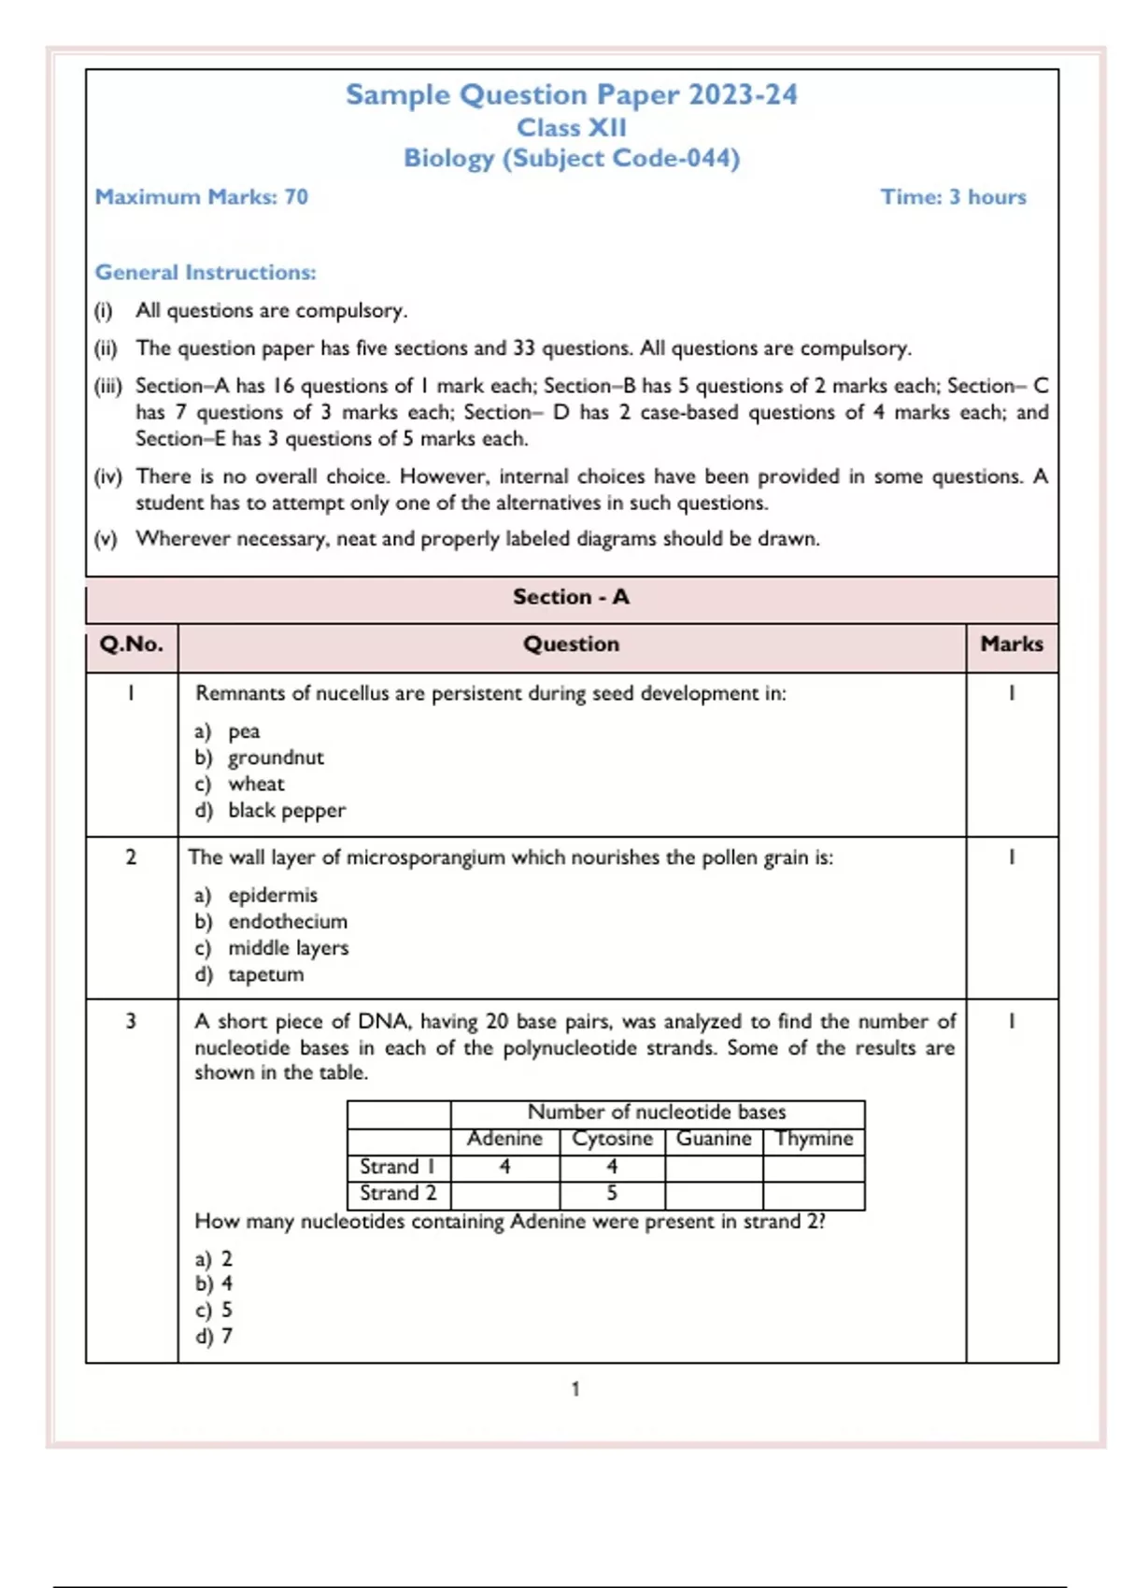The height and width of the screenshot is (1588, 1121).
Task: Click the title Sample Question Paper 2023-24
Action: pyautogui.click(x=571, y=94)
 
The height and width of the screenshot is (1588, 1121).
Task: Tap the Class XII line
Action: pyautogui.click(x=571, y=127)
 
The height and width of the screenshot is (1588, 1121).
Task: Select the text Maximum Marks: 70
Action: pyautogui.click(x=201, y=197)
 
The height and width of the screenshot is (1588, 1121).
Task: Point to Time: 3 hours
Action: pyautogui.click(x=953, y=197)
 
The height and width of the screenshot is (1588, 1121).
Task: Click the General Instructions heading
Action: pyautogui.click(x=206, y=273)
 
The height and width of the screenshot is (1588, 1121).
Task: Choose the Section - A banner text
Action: pyautogui.click(x=571, y=597)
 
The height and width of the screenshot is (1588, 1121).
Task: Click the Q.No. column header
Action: pyautogui.click(x=131, y=645)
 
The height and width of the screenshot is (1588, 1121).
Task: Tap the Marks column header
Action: pyautogui.click(x=1012, y=645)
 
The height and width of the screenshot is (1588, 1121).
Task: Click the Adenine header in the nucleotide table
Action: pyautogui.click(x=504, y=1139)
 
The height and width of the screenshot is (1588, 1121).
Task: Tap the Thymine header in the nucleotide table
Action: pyautogui.click(x=814, y=1139)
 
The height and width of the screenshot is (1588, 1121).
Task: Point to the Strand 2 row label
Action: pyautogui.click(x=398, y=1194)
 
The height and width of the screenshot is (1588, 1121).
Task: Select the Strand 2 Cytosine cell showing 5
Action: pyautogui.click(x=612, y=1194)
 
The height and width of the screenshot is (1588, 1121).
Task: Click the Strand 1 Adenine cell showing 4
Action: pyautogui.click(x=504, y=1167)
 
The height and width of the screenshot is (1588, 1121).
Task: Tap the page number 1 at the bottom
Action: pyautogui.click(x=575, y=1389)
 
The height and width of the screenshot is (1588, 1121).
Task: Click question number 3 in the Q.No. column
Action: pyautogui.click(x=131, y=1021)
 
